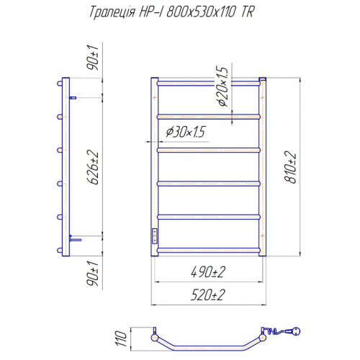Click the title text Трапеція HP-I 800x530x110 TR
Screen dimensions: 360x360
172,12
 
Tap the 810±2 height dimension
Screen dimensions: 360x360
290,167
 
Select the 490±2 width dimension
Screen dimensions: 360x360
208,272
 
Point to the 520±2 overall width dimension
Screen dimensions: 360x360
208,294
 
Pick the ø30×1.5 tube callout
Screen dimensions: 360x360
185,132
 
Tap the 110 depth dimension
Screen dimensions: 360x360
122,338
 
